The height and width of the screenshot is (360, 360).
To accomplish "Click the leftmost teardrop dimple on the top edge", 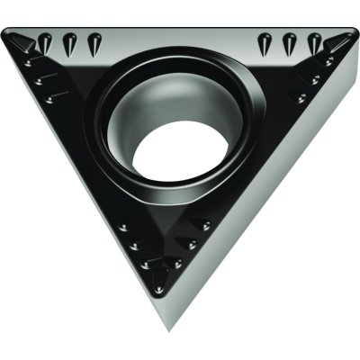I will click(44, 40).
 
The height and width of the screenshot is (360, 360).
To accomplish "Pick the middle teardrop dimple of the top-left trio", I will click(69, 41).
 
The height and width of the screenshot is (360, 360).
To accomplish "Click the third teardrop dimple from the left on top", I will click(94, 41).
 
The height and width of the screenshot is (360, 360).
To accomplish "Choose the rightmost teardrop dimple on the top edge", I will click(315, 41).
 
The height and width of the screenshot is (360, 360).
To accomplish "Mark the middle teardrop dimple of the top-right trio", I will click(290, 41).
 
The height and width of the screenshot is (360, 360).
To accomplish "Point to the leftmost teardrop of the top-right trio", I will click(265, 41).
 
